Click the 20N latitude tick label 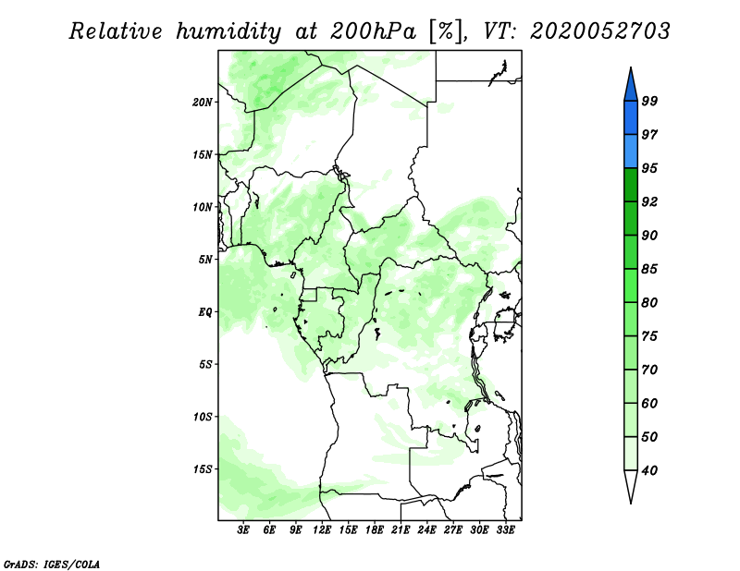202,103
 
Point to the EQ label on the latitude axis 204,312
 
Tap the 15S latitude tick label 202,469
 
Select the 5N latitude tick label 205,260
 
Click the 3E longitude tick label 243,530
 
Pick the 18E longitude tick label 375,530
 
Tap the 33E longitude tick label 505,530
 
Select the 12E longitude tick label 322,530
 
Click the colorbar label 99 649,101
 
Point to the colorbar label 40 649,470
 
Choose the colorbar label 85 649,269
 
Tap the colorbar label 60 649,403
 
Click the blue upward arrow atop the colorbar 631,85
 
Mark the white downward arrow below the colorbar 631,486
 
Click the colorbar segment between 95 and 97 631,152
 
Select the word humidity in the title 228,31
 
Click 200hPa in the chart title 374,31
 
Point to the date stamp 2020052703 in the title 599,31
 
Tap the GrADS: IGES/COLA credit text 52,564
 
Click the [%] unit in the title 445,31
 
